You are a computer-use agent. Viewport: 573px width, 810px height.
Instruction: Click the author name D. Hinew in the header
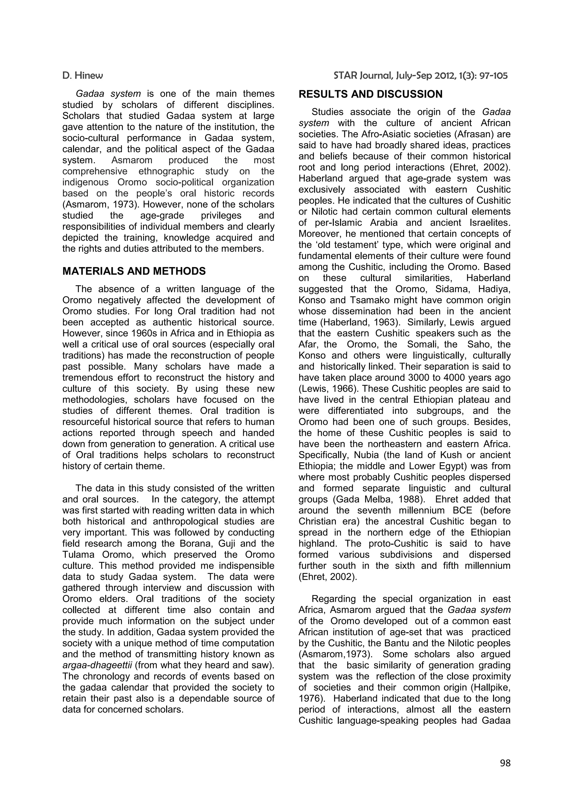[83, 76]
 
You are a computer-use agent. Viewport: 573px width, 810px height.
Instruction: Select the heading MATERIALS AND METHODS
[134, 271]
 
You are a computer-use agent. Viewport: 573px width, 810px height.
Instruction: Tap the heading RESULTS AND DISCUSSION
[370, 94]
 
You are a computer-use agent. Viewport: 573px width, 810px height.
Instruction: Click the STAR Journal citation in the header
[421, 76]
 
